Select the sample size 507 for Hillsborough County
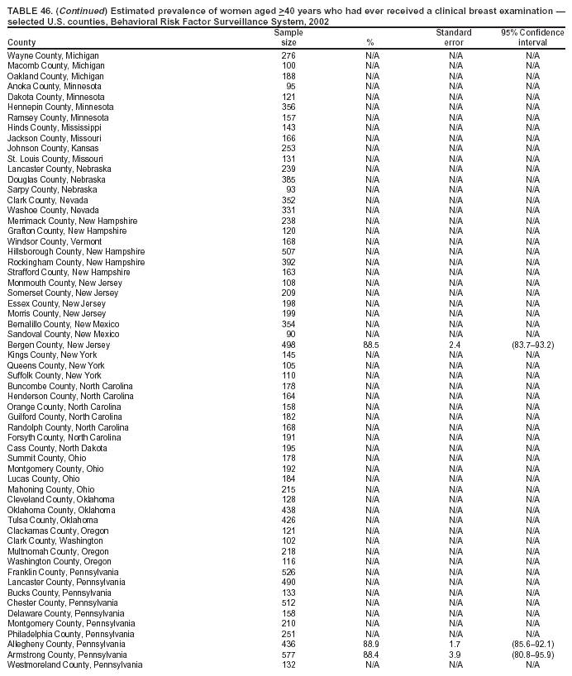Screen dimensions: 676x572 288,251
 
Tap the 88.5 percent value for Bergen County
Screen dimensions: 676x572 371,345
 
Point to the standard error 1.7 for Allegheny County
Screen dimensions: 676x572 454,644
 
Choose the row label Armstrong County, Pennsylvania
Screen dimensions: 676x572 66,655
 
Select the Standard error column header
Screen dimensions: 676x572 454,37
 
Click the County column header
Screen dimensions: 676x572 21,42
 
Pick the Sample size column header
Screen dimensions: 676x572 288,37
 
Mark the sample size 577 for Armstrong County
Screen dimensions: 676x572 288,655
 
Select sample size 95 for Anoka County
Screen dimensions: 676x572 291,86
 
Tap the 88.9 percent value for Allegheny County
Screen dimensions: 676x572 371,644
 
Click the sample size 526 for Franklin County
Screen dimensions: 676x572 288,572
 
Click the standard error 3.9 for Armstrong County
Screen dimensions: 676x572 454,655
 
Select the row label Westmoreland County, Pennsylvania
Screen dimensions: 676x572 74,664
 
